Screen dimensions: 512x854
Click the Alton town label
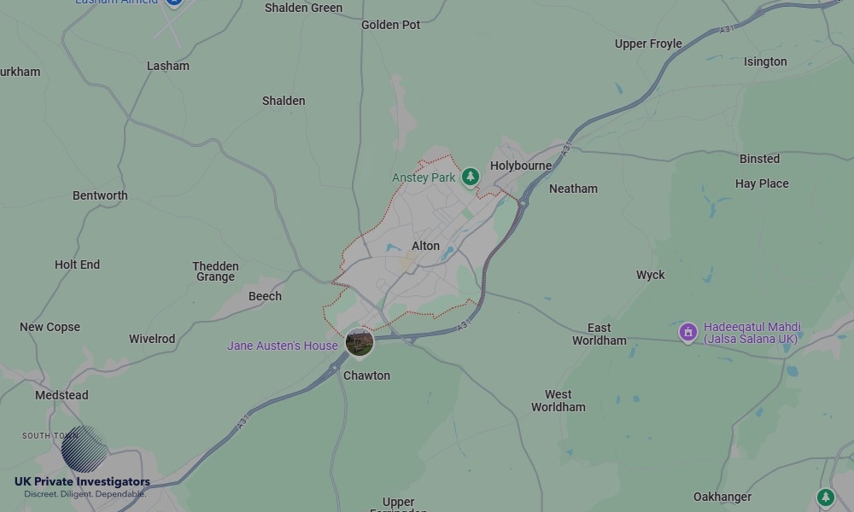click(425, 246)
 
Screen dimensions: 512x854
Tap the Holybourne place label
click(521, 166)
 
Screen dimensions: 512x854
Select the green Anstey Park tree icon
click(470, 177)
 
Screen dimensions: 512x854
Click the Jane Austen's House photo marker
click(360, 343)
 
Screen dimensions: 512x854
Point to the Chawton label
click(366, 375)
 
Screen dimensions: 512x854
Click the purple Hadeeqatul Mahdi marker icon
click(688, 332)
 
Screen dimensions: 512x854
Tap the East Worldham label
click(599, 334)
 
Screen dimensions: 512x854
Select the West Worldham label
click(559, 400)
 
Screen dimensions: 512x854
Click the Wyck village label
click(650, 275)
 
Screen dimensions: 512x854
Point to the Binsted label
click(759, 159)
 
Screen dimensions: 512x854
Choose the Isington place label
click(765, 61)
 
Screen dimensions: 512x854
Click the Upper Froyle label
click(648, 44)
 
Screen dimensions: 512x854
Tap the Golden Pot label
click(391, 25)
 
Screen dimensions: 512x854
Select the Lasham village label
click(168, 66)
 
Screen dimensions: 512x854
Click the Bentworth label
click(100, 195)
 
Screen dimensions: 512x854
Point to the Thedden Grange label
click(215, 271)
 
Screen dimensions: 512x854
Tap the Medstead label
click(61, 395)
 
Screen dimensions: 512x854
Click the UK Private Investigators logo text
click(82, 482)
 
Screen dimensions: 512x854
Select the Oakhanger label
click(722, 497)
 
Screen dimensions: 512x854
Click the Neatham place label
click(573, 189)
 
